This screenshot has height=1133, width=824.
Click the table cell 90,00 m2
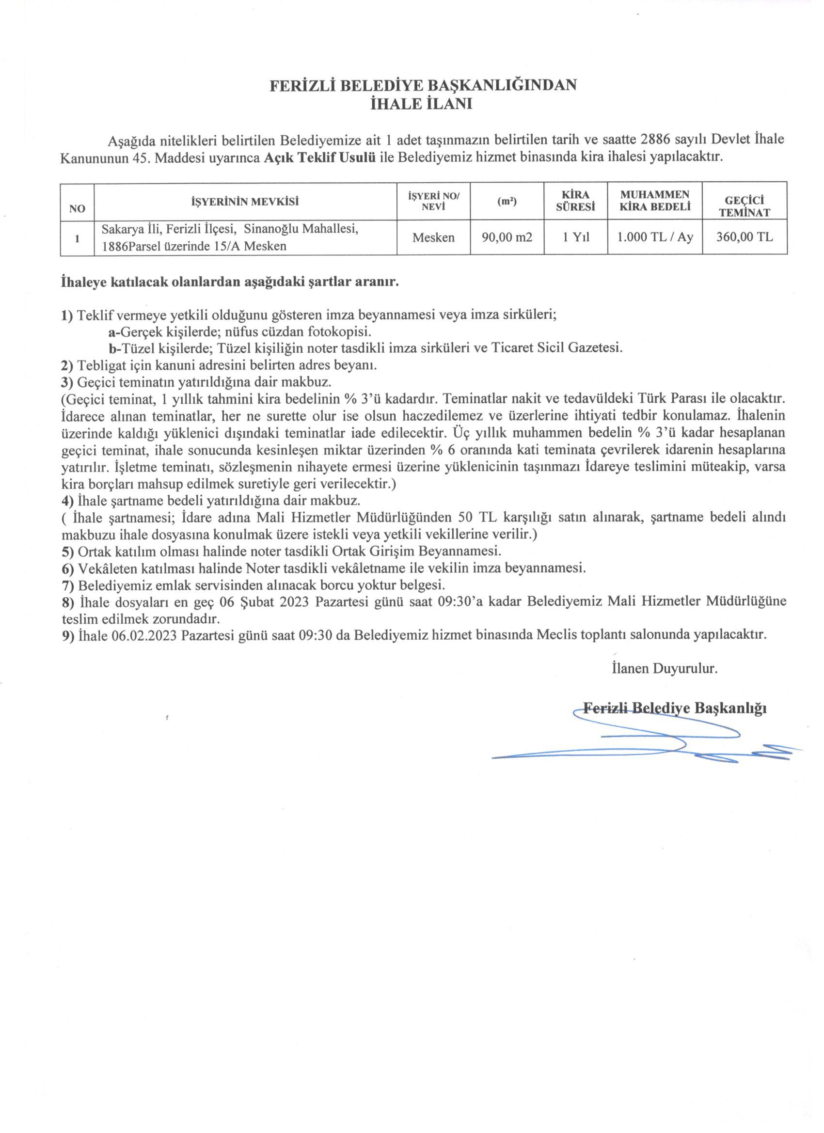click(507, 237)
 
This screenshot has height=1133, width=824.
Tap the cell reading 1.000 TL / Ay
click(655, 237)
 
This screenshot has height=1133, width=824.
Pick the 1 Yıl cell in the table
click(576, 237)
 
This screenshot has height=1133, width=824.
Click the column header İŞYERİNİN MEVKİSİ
click(245, 202)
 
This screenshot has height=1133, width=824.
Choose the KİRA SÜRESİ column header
click(576, 201)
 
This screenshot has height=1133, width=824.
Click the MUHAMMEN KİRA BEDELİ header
click(655, 201)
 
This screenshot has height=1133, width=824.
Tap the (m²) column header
click(507, 202)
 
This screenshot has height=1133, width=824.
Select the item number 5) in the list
click(67, 552)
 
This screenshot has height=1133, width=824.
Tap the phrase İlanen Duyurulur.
click(665, 669)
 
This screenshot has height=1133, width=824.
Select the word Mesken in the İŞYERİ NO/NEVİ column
click(433, 237)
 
